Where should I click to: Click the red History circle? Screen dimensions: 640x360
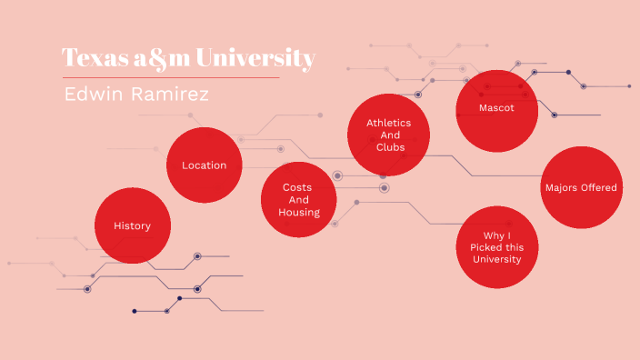coord(133,225)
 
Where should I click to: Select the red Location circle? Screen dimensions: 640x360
coord(205,165)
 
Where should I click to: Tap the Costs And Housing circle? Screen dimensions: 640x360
coord(300,199)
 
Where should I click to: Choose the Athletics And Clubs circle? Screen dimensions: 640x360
coord(388,135)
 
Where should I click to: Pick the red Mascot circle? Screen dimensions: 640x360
coord(496,108)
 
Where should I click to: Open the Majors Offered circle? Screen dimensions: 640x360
coord(582,187)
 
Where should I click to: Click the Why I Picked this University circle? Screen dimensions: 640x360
coord(496,246)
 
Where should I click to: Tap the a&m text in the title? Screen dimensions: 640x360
coord(166,58)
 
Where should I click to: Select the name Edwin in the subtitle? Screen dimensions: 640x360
coord(93,95)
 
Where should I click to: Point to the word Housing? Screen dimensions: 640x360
coord(299,212)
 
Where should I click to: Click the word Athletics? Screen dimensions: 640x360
coord(388,122)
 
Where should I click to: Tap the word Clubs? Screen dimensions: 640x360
coord(389,146)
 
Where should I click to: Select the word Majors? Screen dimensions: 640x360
coord(562,187)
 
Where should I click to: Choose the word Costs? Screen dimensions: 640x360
coord(297,186)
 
